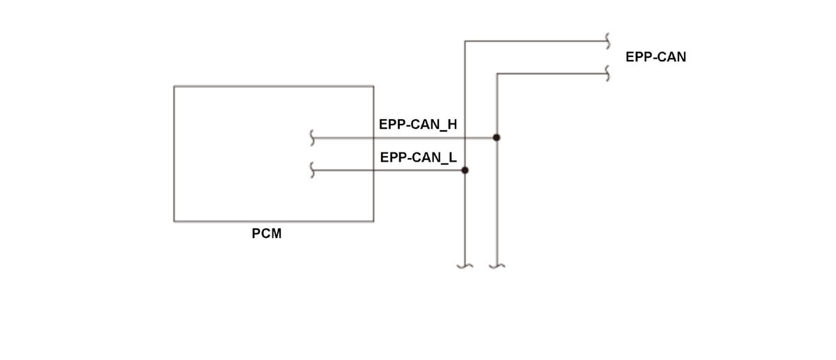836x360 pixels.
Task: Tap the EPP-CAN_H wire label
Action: coord(418,125)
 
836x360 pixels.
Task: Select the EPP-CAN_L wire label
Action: coord(418,157)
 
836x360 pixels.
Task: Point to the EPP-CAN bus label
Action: coord(656,58)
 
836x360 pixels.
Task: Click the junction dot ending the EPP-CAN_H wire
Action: coord(496,138)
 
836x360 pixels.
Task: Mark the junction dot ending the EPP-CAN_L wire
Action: coord(465,170)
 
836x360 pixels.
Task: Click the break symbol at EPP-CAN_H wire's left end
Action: coord(313,139)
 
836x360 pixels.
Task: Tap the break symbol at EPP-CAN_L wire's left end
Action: coord(313,170)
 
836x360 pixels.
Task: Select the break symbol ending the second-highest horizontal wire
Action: coord(608,73)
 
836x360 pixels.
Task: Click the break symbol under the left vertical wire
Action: coord(465,265)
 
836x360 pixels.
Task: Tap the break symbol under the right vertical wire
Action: coord(497,265)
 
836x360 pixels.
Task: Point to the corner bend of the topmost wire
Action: coord(465,42)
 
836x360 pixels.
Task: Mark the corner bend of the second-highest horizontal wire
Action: coord(497,74)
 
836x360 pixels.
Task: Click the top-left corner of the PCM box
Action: coord(174,86)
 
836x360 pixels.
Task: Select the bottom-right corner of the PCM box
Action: coord(373,221)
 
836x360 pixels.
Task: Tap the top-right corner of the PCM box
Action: coord(373,86)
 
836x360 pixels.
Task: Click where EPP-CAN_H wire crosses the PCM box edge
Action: coord(373,138)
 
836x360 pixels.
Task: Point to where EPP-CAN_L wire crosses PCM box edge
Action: coord(373,170)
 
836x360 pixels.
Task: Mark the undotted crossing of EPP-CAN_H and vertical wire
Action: coord(465,138)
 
